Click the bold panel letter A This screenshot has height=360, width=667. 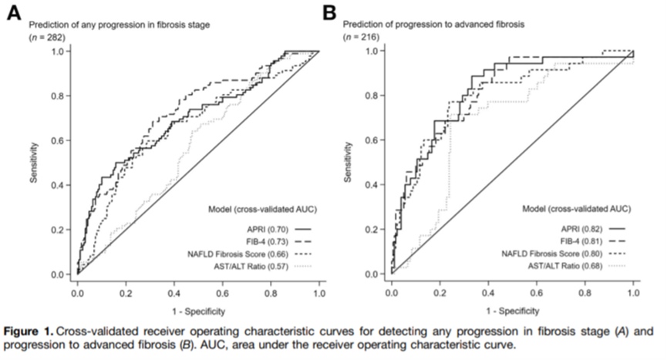(x=15, y=14)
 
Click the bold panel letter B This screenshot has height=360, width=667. (x=329, y=14)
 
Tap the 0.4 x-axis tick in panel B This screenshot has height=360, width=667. (x=488, y=294)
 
